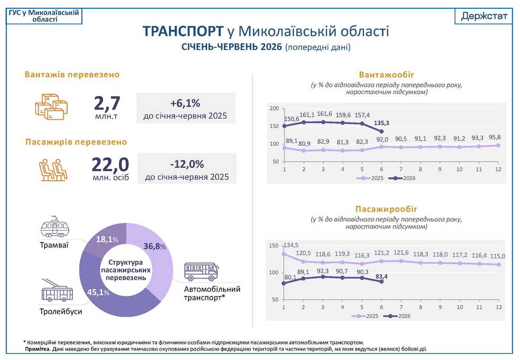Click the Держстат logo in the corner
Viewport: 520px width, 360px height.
click(484, 16)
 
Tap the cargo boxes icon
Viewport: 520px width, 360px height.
click(51, 107)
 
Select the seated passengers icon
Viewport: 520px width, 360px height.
click(53, 170)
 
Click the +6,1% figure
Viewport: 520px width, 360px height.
click(185, 103)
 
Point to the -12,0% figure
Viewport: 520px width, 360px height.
click(187, 164)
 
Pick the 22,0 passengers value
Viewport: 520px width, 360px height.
click(110, 165)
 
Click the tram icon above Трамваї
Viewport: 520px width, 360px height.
click(55, 227)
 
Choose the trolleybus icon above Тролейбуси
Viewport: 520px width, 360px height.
click(57, 290)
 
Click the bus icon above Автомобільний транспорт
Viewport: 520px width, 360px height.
click(201, 272)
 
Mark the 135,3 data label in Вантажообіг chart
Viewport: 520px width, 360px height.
click(381, 123)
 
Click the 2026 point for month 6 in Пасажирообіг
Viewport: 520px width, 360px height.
click(381, 282)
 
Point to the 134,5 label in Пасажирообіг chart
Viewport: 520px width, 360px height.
click(291, 245)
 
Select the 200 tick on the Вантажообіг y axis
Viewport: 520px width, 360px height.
click(274, 108)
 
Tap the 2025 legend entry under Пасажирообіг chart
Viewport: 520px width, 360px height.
click(365, 316)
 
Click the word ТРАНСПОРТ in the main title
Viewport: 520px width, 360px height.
click(183, 31)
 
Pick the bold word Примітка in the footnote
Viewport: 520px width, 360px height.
click(38, 349)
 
